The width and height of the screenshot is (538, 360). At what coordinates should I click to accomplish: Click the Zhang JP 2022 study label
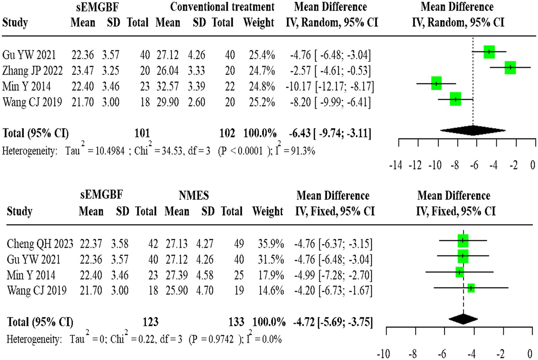32,71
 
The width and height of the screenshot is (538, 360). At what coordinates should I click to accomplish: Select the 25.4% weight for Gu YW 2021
262,55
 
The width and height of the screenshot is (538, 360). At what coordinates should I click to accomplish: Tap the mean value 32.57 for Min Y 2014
168,86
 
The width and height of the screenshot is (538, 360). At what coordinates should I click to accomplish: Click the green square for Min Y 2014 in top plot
436,83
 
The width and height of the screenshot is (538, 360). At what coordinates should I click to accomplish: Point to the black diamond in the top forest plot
473,131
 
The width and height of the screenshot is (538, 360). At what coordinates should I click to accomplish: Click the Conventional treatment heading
222,7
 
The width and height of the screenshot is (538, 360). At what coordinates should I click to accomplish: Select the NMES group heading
193,195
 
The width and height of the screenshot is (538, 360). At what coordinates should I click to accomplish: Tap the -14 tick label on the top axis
396,165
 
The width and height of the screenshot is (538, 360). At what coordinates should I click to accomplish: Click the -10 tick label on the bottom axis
383,354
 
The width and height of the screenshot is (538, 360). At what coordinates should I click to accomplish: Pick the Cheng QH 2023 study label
40,244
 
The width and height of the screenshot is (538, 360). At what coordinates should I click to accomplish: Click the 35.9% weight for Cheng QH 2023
271,244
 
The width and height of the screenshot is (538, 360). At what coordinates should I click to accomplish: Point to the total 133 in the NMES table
236,322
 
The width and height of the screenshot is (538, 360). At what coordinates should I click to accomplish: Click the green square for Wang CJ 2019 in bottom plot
471,288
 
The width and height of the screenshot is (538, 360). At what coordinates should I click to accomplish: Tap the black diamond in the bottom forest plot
463,319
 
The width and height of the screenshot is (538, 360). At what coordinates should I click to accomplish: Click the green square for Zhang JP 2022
510,67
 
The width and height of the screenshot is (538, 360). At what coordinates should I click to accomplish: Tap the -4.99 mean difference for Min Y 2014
305,275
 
